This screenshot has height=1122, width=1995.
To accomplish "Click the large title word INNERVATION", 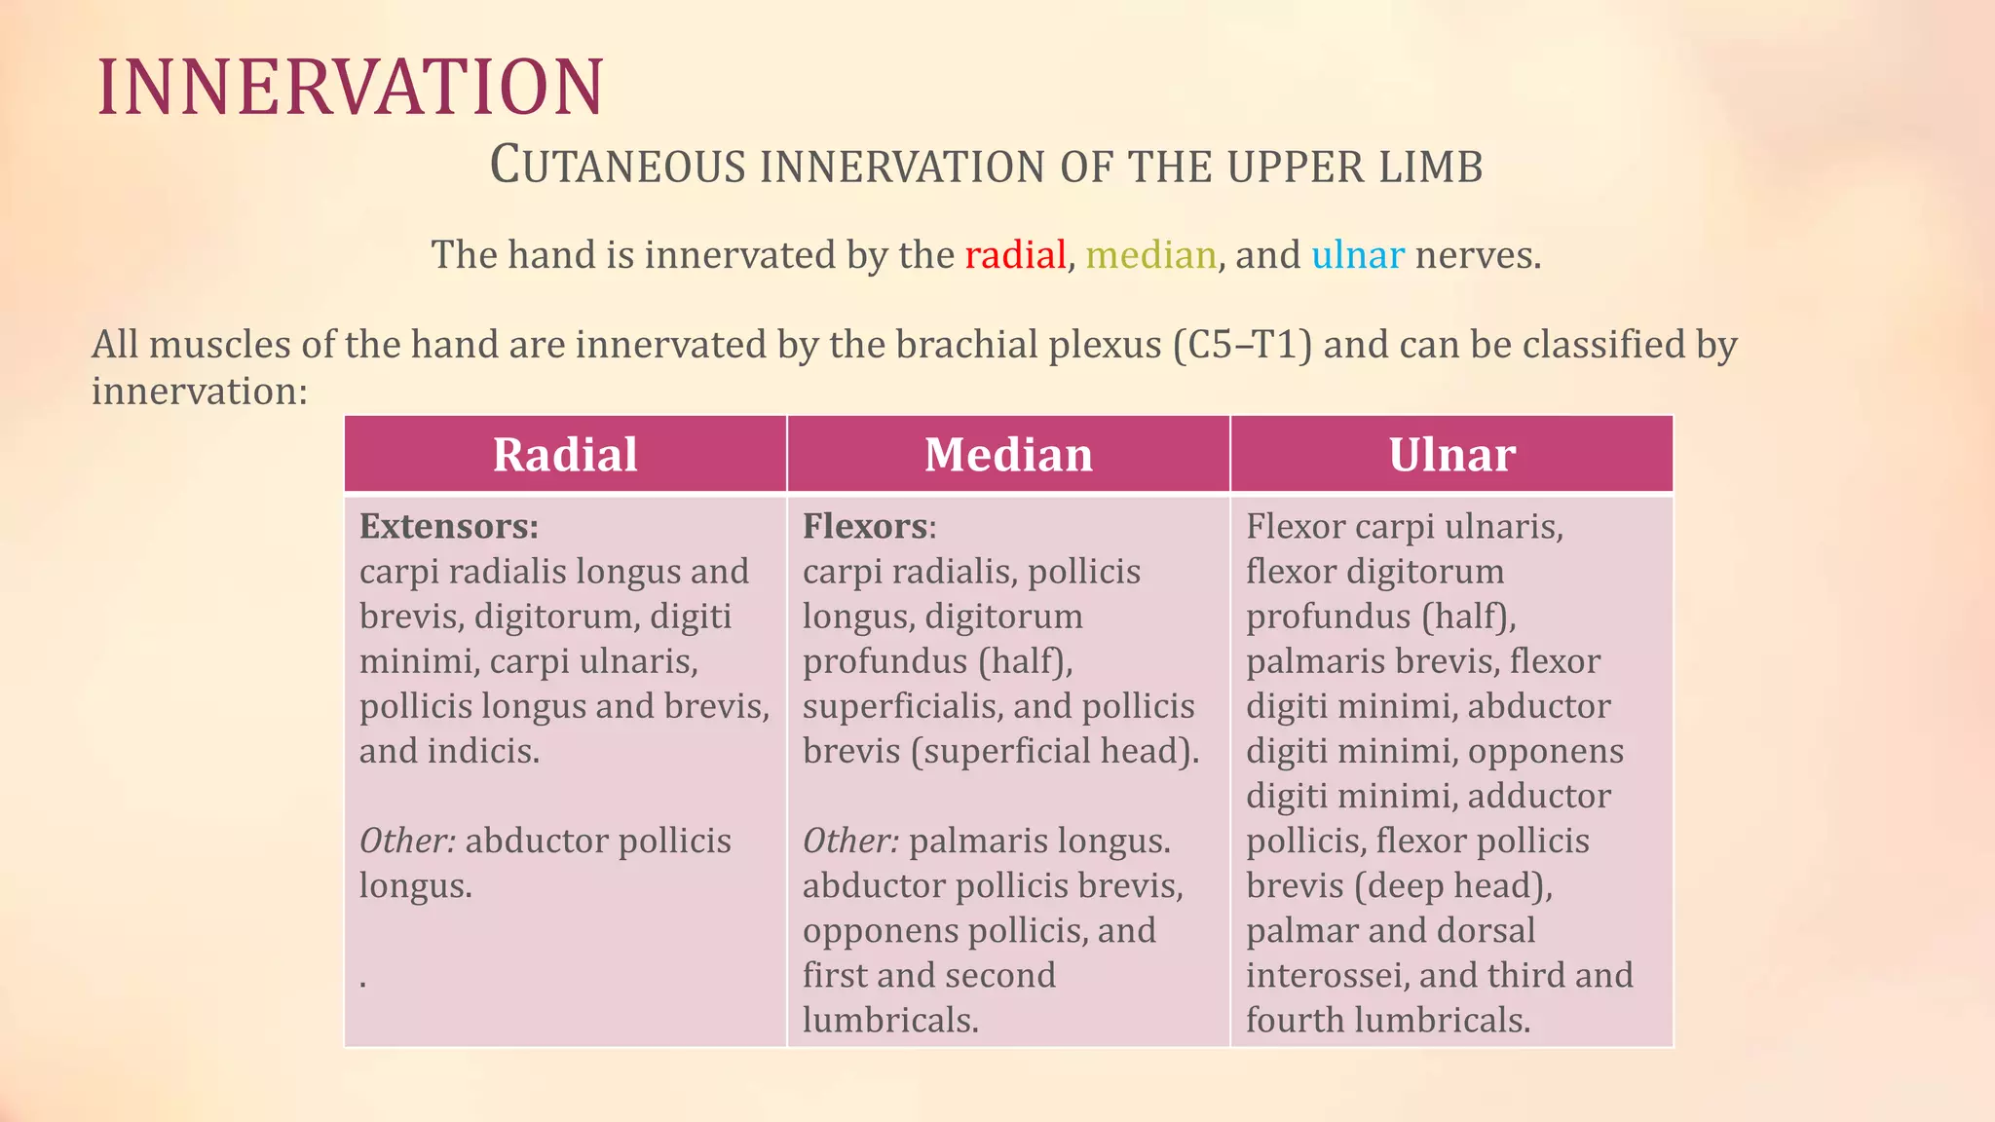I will pos(351,88).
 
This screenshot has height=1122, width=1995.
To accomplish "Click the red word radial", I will pos(1015,255).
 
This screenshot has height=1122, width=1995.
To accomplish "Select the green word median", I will pos(1150,255).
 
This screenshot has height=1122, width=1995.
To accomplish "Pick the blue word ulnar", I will pos(1357,255).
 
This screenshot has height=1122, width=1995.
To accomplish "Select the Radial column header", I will pos(565,455).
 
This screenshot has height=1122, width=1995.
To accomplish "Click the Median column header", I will pos(1008,455).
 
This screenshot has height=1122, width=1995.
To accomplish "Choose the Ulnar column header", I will pos(1451,455).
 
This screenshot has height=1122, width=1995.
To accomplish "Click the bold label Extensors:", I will pos(449,527).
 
